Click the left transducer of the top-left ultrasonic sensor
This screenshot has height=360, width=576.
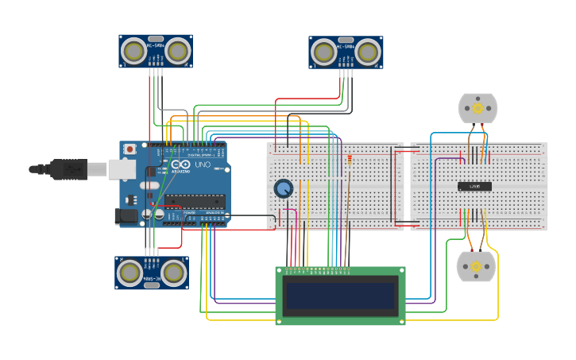coord(133,52)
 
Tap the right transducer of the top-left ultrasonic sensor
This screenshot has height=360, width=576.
coord(178,52)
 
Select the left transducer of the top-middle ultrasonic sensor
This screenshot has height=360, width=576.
coord(323,52)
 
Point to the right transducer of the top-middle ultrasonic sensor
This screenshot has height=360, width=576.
coord(368,52)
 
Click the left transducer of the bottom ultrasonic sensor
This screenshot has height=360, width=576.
coord(130,273)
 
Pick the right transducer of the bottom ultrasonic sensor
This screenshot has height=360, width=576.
coord(174,273)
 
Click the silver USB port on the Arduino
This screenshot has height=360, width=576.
coord(122,168)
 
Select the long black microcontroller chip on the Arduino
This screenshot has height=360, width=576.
coord(195,201)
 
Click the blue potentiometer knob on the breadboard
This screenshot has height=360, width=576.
coord(283,188)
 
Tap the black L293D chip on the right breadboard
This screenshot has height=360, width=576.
coord(474,187)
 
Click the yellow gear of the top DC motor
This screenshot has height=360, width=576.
coord(477,107)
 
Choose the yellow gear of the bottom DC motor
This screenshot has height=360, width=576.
coord(476,266)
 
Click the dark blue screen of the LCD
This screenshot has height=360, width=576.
coord(340,296)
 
